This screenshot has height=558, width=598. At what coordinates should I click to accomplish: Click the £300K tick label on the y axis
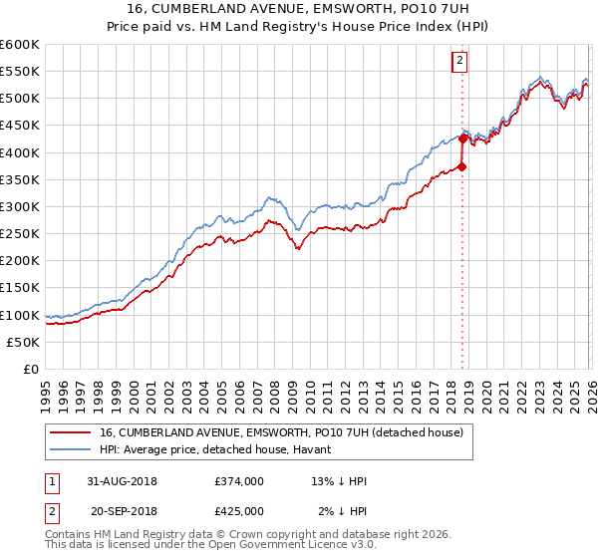tap(20, 206)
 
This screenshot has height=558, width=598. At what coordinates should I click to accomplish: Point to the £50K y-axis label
tap(23, 342)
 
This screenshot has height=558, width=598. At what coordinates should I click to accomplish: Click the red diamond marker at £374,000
tap(462, 166)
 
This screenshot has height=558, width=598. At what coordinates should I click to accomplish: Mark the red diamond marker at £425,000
tap(462, 139)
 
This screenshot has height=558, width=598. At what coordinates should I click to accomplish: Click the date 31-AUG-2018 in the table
tap(124, 481)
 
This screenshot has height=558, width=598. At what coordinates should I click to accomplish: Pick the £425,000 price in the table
tap(239, 511)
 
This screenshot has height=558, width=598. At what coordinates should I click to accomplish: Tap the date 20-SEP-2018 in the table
tap(124, 511)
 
